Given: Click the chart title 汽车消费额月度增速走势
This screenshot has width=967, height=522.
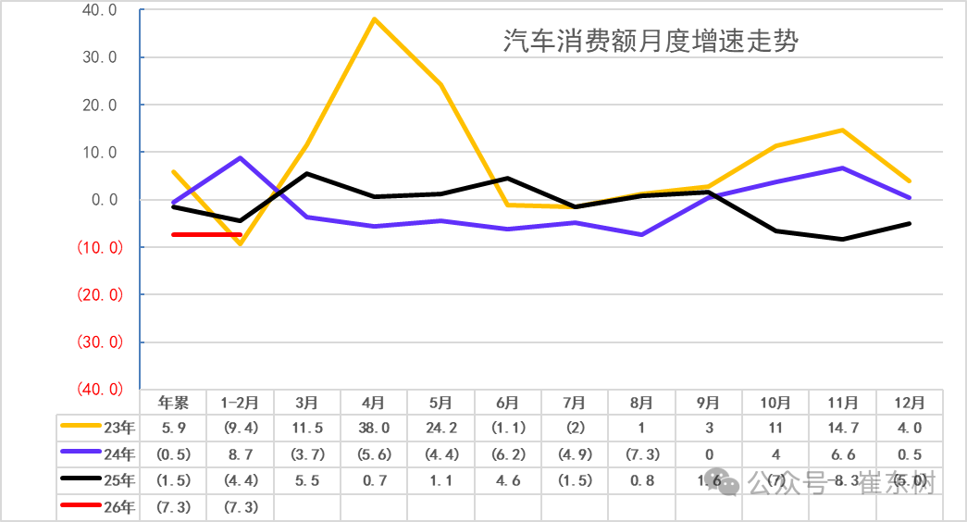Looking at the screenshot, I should (x=651, y=42).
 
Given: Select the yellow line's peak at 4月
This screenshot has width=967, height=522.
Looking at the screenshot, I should (x=374, y=19).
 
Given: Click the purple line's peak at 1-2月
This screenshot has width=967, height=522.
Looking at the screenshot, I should (x=241, y=158).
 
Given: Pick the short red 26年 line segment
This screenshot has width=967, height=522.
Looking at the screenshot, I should (x=206, y=234).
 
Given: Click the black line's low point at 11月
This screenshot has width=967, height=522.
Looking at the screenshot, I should (x=842, y=239).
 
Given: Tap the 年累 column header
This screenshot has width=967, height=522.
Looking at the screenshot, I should (x=173, y=403).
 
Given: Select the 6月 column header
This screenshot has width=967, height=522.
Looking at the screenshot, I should (x=508, y=403).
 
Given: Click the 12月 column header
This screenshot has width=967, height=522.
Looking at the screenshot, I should (x=910, y=403).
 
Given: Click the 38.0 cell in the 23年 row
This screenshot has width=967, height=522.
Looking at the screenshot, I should (x=374, y=428).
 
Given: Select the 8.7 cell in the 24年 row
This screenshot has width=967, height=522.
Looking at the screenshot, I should (x=241, y=454).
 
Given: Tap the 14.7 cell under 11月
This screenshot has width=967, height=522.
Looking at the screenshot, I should (x=842, y=428).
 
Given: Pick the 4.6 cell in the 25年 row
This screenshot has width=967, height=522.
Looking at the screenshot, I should (x=508, y=480).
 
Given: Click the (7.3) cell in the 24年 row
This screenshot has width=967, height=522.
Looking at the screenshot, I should (x=641, y=454).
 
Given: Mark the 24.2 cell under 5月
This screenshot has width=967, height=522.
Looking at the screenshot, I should (x=441, y=428).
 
